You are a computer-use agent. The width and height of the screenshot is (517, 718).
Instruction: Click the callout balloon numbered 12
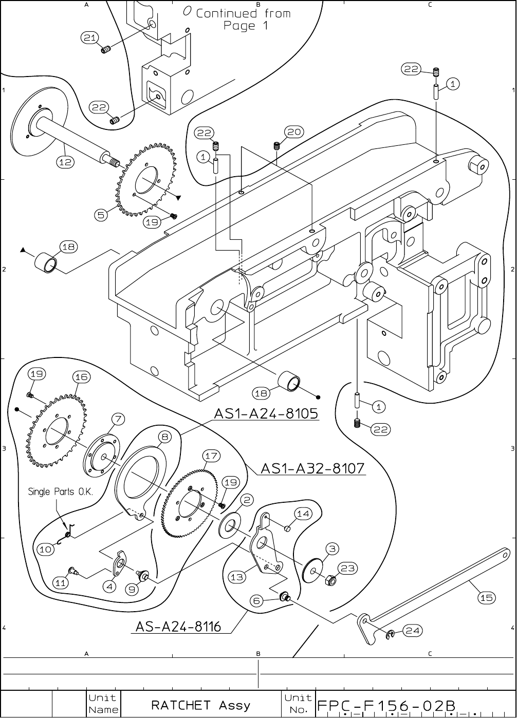(65, 162)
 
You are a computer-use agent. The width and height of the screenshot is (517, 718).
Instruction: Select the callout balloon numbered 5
(101, 215)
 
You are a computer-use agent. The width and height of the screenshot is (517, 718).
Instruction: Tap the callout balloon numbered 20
(294, 132)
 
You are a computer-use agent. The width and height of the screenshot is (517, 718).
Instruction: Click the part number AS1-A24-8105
(266, 414)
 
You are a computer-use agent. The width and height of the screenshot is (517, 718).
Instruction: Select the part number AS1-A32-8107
(313, 468)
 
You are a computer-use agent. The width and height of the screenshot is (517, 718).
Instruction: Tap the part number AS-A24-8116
(178, 627)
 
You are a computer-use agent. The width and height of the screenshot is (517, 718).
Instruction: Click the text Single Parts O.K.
(60, 492)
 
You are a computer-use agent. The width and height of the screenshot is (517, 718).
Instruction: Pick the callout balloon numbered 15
(487, 597)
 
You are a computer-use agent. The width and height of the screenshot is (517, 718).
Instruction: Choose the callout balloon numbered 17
(211, 456)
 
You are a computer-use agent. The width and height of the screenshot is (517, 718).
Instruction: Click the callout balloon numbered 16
(81, 377)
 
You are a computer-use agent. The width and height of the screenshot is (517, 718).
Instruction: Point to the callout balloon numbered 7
(118, 419)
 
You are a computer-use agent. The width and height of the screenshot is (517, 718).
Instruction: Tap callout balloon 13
(237, 577)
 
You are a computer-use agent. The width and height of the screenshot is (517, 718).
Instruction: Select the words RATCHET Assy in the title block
(201, 705)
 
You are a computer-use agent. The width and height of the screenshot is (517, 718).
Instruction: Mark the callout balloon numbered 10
(46, 549)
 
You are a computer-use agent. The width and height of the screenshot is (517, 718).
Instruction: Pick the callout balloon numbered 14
(303, 514)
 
